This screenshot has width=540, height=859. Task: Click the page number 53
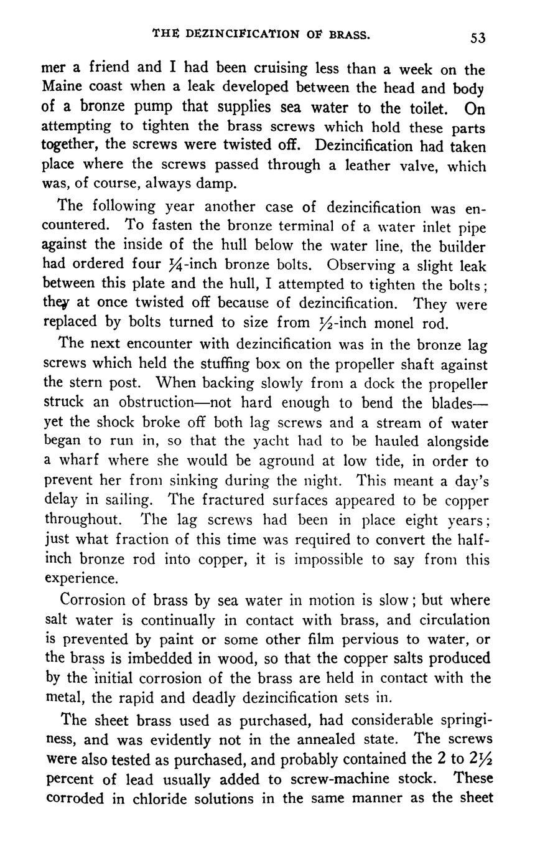[477, 38]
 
